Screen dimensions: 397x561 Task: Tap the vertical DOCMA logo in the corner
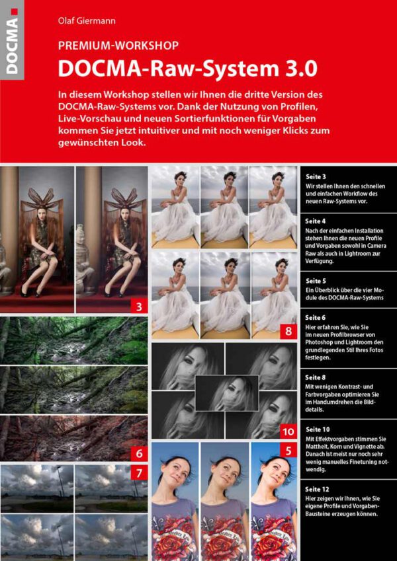pyautogui.click(x=12, y=40)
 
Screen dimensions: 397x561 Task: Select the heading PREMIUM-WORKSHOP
pyautogui.click(x=118, y=46)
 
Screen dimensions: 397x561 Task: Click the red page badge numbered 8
pyautogui.click(x=288, y=332)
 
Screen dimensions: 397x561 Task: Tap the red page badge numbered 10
pyautogui.click(x=288, y=432)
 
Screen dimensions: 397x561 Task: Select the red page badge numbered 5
pyautogui.click(x=288, y=451)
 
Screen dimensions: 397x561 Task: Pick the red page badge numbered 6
pyautogui.click(x=139, y=454)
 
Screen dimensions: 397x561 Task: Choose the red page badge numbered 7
pyautogui.click(x=139, y=473)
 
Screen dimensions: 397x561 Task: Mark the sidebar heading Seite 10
pyautogui.click(x=318, y=429)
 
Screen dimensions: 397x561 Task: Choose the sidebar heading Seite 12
pyautogui.click(x=318, y=489)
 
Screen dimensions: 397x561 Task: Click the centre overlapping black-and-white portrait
pyautogui.click(x=227, y=393)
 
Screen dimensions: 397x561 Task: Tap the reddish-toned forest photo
pyautogui.click(x=74, y=438)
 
